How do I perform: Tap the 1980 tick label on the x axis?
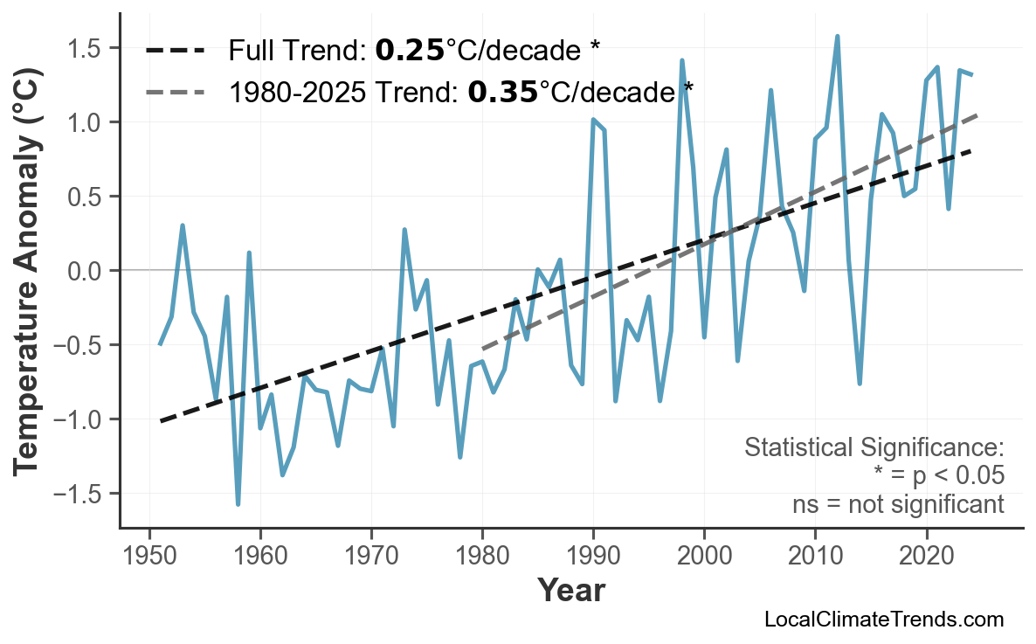(482, 557)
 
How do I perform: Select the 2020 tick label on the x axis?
(926, 557)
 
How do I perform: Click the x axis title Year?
(570, 591)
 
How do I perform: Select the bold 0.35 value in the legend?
(502, 91)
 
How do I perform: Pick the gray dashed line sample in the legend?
(176, 91)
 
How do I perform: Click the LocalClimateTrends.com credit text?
(883, 620)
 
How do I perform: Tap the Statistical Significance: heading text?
(874, 448)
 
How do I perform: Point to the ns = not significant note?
(897, 504)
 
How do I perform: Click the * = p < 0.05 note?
(938, 476)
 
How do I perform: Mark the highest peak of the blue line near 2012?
(837, 37)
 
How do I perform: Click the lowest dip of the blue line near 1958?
(238, 504)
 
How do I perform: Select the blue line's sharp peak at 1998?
(681, 60)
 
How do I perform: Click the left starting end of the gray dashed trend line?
(483, 349)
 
